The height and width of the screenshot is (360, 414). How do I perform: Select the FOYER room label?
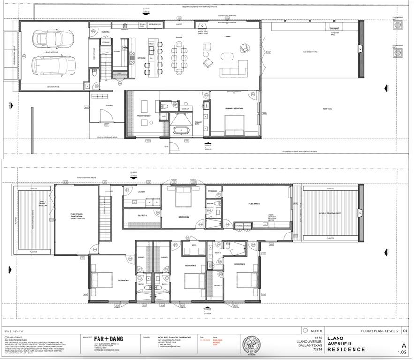[109, 105]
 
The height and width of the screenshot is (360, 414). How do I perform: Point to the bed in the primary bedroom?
[234, 125]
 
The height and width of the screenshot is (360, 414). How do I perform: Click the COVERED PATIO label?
[310, 52]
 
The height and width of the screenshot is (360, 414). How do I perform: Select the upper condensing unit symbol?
[398, 23]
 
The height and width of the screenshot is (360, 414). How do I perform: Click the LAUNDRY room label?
[142, 192]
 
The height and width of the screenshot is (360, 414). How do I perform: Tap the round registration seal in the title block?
[252, 344]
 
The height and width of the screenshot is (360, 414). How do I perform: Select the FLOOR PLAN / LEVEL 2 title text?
[380, 331]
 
